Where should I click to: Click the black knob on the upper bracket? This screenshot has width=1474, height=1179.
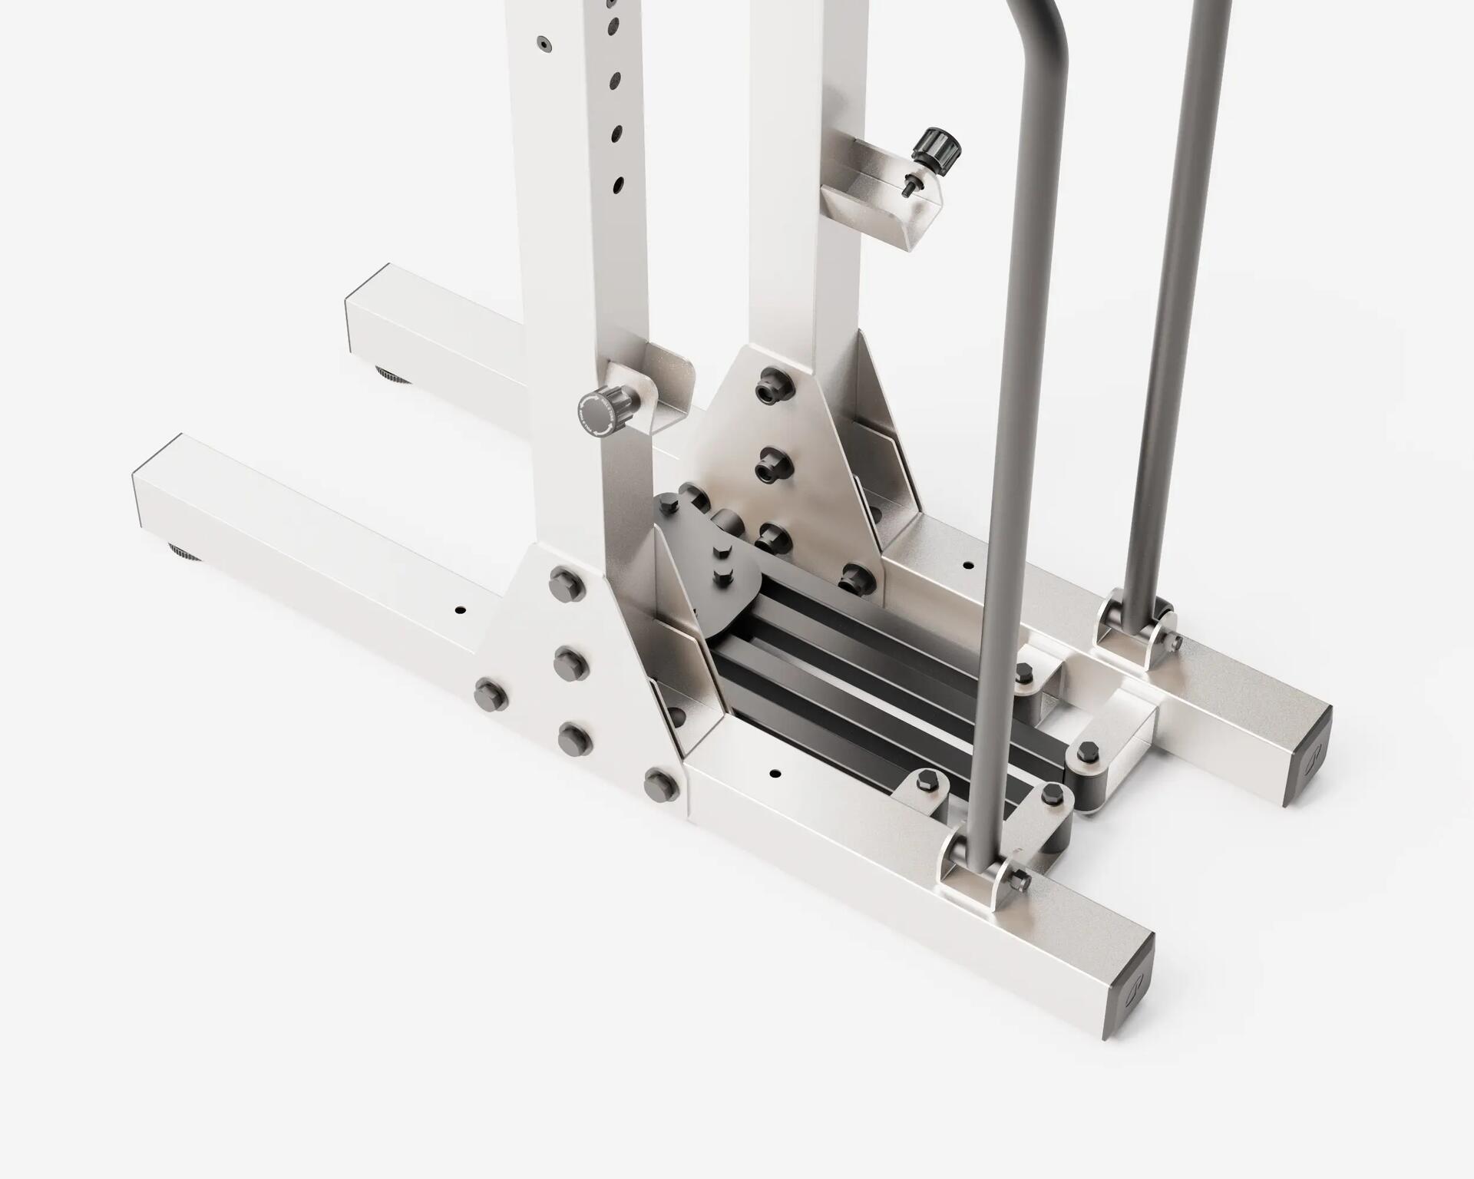937,146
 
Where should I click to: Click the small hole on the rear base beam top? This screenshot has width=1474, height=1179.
968,566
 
